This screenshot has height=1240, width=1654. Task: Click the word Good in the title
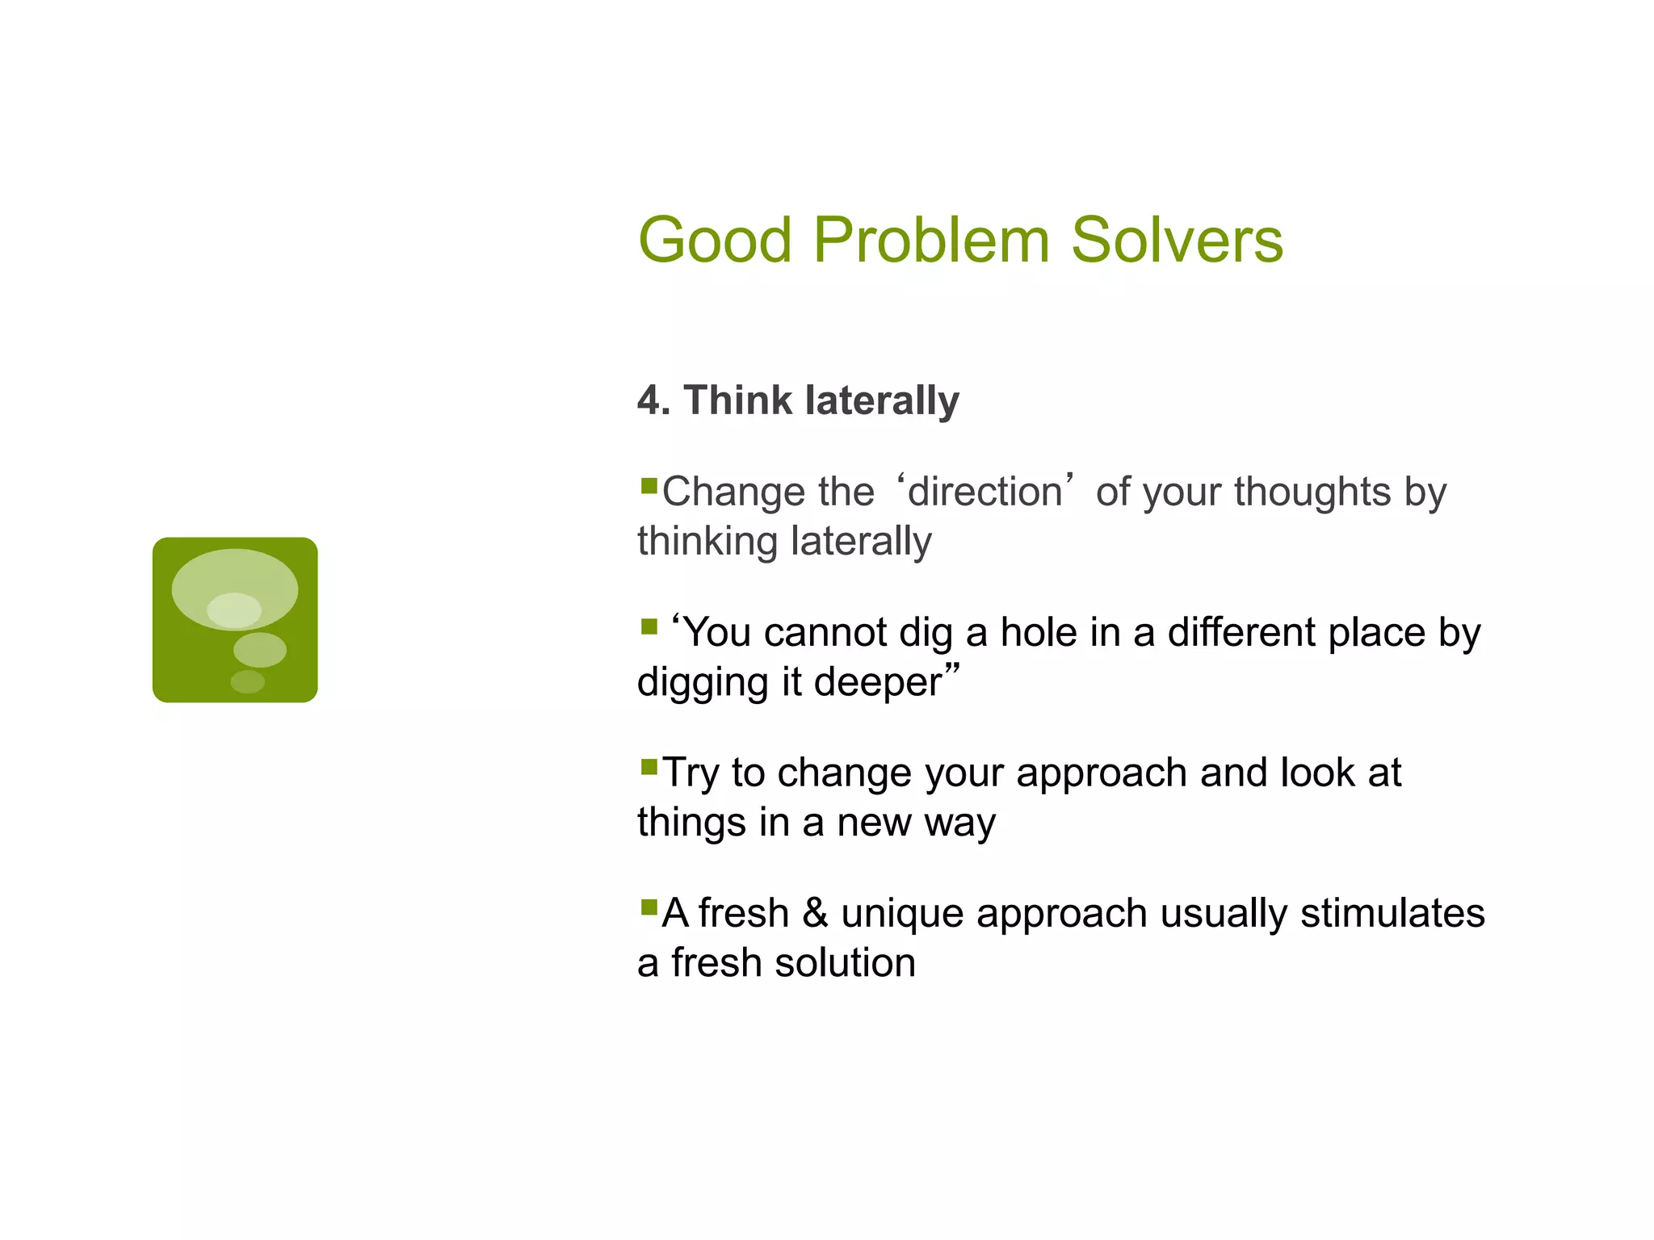[x=715, y=241]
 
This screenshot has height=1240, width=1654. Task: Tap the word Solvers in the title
[x=1176, y=241]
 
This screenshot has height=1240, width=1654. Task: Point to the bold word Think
[x=737, y=400]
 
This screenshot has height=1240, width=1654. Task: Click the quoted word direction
[x=984, y=492]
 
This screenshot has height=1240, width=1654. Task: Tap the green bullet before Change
[x=649, y=485]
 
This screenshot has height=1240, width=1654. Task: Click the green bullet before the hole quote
[x=649, y=626]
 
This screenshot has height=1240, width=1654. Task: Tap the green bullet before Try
[x=649, y=766]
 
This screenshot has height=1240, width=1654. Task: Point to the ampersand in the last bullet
[x=815, y=913]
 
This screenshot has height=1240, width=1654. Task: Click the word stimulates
[x=1392, y=913]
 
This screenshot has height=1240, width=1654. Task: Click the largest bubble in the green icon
[x=235, y=589]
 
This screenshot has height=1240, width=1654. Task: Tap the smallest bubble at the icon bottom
[x=247, y=682]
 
